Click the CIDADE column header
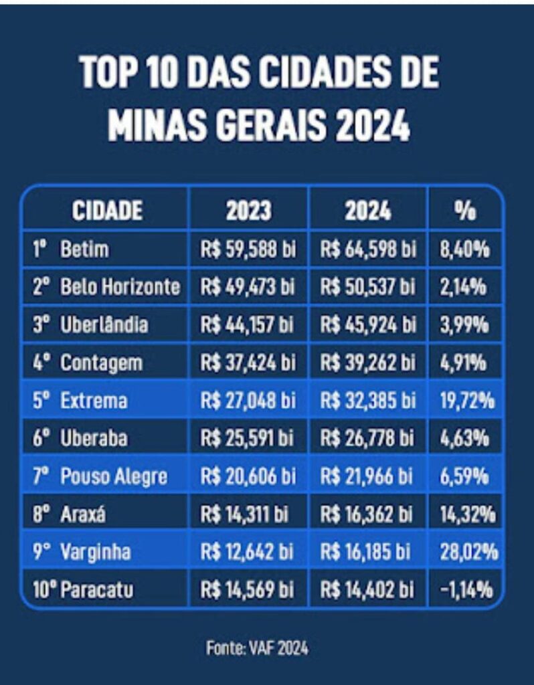(x=106, y=210)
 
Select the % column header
(x=464, y=210)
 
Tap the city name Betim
(x=84, y=250)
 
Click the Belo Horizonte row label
(x=120, y=288)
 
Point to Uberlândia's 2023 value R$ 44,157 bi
(x=248, y=326)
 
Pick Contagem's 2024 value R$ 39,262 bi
(x=367, y=363)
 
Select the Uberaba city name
(x=94, y=439)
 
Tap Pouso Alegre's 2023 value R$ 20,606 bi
(x=248, y=477)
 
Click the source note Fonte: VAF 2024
(x=257, y=648)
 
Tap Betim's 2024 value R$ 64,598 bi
(x=367, y=250)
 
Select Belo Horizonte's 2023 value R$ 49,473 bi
(x=248, y=288)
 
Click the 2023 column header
(x=248, y=210)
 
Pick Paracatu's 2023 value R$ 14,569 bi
(x=248, y=590)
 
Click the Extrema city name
(x=94, y=401)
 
